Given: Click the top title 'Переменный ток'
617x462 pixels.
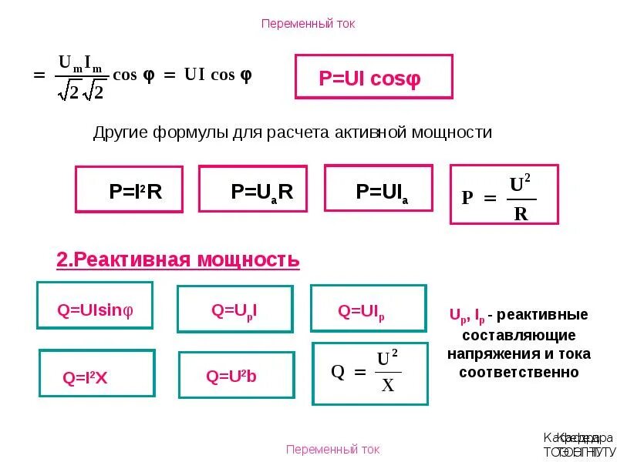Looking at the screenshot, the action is point(308,24).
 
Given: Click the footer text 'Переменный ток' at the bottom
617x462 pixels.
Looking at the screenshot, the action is point(332,449).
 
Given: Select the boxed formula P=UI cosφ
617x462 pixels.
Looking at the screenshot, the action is point(373,77).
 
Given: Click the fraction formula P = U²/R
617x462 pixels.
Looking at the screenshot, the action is point(504,196).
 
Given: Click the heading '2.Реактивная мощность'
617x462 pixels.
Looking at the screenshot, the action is point(177,260).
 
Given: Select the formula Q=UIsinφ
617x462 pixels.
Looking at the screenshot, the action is point(95,310).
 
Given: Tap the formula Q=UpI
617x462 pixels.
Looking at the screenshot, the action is point(234,310).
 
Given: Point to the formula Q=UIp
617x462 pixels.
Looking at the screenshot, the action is point(368,311).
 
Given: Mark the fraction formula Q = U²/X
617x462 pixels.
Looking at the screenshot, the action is point(369,373).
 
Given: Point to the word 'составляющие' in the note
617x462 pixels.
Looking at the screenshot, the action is point(518,335).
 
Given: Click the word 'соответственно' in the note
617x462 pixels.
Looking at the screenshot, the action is point(518,372).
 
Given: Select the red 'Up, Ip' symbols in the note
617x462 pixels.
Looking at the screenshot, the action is point(467,316).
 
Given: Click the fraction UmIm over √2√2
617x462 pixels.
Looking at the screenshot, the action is point(82,76).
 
